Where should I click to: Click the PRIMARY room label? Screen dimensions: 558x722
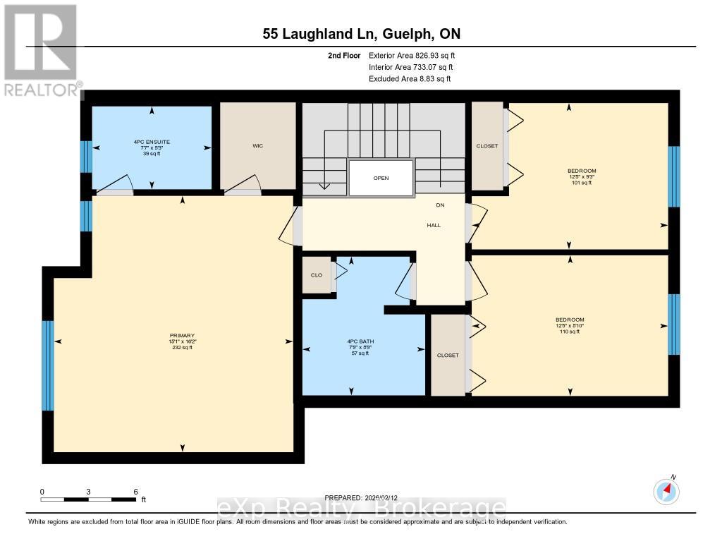181,335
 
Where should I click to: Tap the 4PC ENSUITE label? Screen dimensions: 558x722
152,142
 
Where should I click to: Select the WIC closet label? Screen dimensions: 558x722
257,147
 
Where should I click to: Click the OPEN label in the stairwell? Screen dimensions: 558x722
381,178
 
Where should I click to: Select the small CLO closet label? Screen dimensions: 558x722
317,275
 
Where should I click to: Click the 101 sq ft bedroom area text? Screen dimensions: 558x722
582,183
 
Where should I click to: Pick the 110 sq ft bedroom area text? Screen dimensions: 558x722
569,332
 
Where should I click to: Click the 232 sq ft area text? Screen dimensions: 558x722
181,348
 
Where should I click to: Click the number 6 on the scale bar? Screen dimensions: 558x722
135,491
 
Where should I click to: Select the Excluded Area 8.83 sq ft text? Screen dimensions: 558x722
410,79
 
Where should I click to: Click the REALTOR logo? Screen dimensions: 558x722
41,49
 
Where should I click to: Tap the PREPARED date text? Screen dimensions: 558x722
365,497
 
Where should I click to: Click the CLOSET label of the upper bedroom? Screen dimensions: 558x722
487,146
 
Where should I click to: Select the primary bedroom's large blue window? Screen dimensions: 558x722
48,365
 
